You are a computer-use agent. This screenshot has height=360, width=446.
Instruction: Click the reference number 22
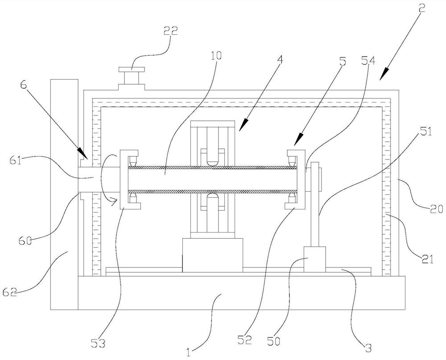click(x=170, y=31)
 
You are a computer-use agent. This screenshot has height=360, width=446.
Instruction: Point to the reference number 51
click(x=426, y=131)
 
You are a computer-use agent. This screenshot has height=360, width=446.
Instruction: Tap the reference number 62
click(x=10, y=291)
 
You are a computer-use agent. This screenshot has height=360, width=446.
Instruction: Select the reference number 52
click(x=245, y=340)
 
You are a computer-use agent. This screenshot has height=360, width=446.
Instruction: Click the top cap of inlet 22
click(x=132, y=70)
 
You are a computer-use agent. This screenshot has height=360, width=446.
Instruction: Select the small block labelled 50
click(x=315, y=259)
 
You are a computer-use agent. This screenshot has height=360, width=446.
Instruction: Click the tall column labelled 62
click(x=64, y=194)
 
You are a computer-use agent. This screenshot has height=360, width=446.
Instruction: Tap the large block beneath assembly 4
click(x=212, y=255)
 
